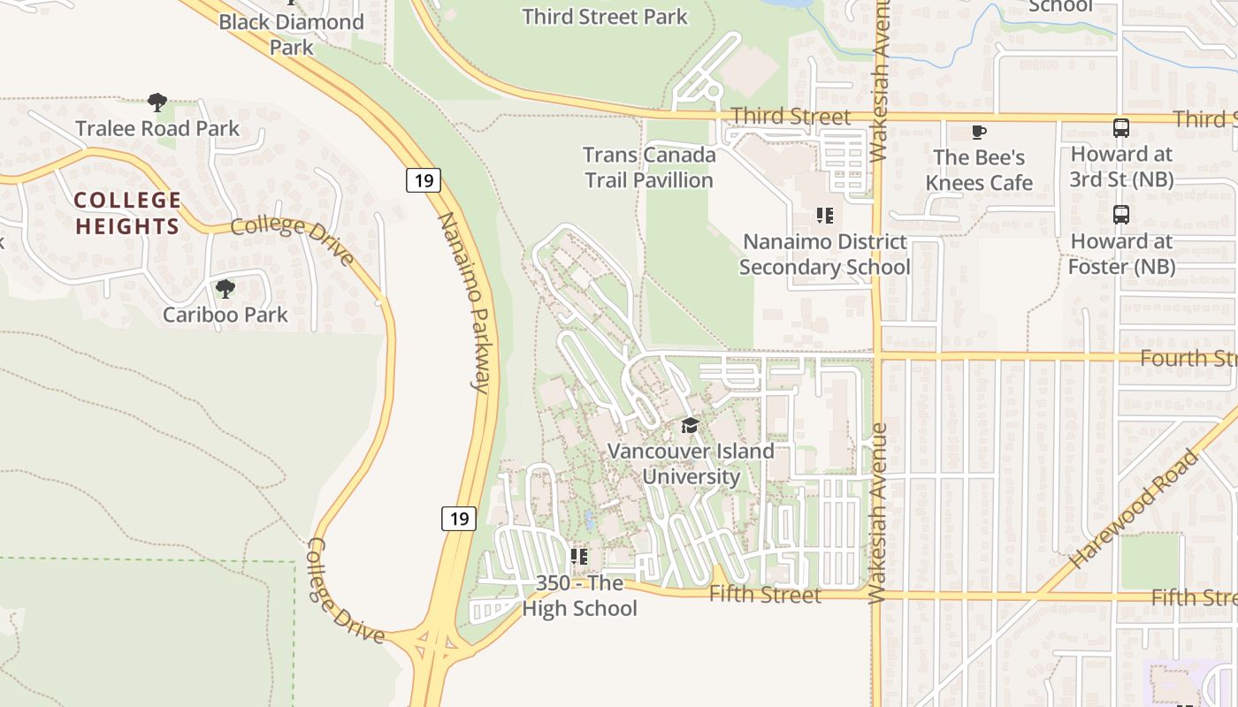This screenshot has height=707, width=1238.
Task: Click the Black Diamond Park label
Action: click(291, 34)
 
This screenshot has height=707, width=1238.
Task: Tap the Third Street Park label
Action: click(605, 17)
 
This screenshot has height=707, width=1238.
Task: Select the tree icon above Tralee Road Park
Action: click(157, 103)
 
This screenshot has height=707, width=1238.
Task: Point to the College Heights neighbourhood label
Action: click(127, 213)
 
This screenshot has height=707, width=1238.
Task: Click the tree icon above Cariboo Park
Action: click(225, 288)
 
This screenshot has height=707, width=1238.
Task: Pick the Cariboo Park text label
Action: click(225, 315)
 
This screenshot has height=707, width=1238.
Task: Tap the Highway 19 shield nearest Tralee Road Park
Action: click(424, 180)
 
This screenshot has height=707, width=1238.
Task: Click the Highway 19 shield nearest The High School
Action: click(459, 518)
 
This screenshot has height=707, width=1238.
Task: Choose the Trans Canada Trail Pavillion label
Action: click(649, 167)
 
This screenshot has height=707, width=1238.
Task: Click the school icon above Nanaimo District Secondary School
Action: click(825, 216)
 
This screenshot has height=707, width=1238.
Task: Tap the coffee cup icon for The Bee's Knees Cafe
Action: click(979, 133)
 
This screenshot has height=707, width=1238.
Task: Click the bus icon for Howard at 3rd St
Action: click(1121, 128)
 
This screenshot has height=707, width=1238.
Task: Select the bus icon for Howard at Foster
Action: click(1121, 215)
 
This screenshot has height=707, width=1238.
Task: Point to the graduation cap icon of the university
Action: click(690, 426)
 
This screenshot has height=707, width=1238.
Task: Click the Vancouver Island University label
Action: click(691, 463)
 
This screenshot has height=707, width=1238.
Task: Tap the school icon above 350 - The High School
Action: click(579, 557)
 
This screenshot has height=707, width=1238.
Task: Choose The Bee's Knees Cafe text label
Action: click(979, 170)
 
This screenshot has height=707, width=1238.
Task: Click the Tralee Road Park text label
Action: click(157, 129)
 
